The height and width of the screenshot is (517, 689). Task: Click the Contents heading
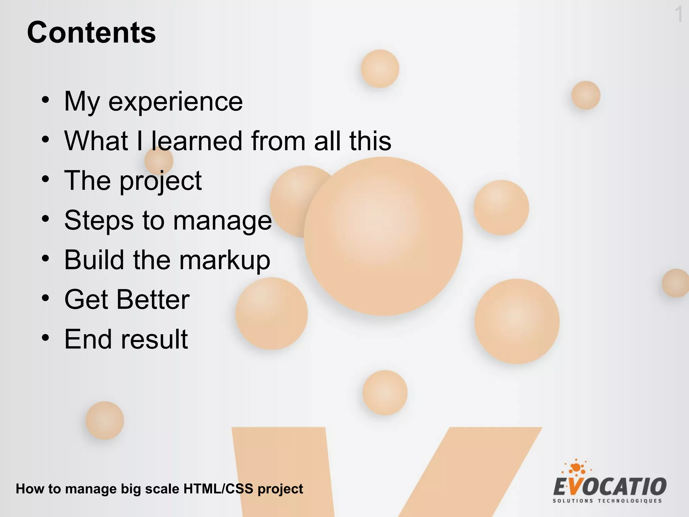point(91,33)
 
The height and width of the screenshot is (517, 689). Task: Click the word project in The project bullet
point(160,181)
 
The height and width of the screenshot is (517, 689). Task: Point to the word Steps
point(99,220)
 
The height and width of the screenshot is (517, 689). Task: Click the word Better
point(153,300)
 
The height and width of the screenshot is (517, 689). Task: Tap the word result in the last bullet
point(154,339)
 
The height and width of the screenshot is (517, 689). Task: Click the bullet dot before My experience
point(45,100)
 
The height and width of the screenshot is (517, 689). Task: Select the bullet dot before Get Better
point(45,298)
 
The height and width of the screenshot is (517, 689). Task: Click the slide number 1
point(679,14)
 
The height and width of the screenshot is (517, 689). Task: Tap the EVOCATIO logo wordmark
point(610,487)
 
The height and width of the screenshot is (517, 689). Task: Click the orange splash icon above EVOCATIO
point(576,467)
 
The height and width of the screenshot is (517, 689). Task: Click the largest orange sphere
point(383,236)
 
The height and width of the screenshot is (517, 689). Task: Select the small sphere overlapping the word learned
point(159,161)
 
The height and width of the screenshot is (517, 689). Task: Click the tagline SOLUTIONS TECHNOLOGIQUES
point(607,501)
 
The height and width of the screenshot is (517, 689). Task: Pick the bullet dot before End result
point(45,338)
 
